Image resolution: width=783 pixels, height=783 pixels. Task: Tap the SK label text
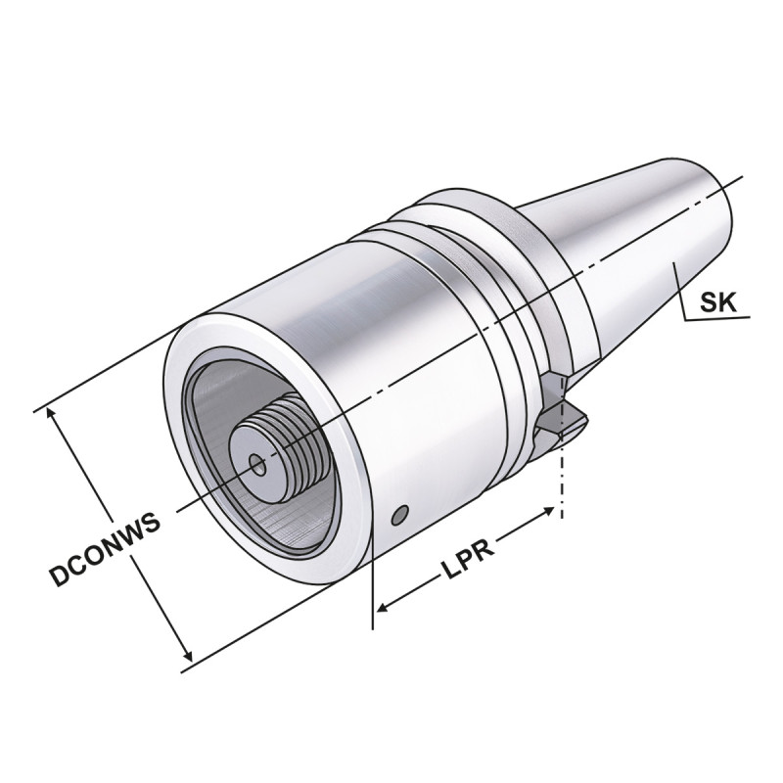[718, 303]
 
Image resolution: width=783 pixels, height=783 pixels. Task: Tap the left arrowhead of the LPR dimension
[384, 608]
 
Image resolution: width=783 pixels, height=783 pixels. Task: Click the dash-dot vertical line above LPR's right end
[562, 480]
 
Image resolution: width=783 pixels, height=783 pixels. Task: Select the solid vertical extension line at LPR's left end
[374, 587]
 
